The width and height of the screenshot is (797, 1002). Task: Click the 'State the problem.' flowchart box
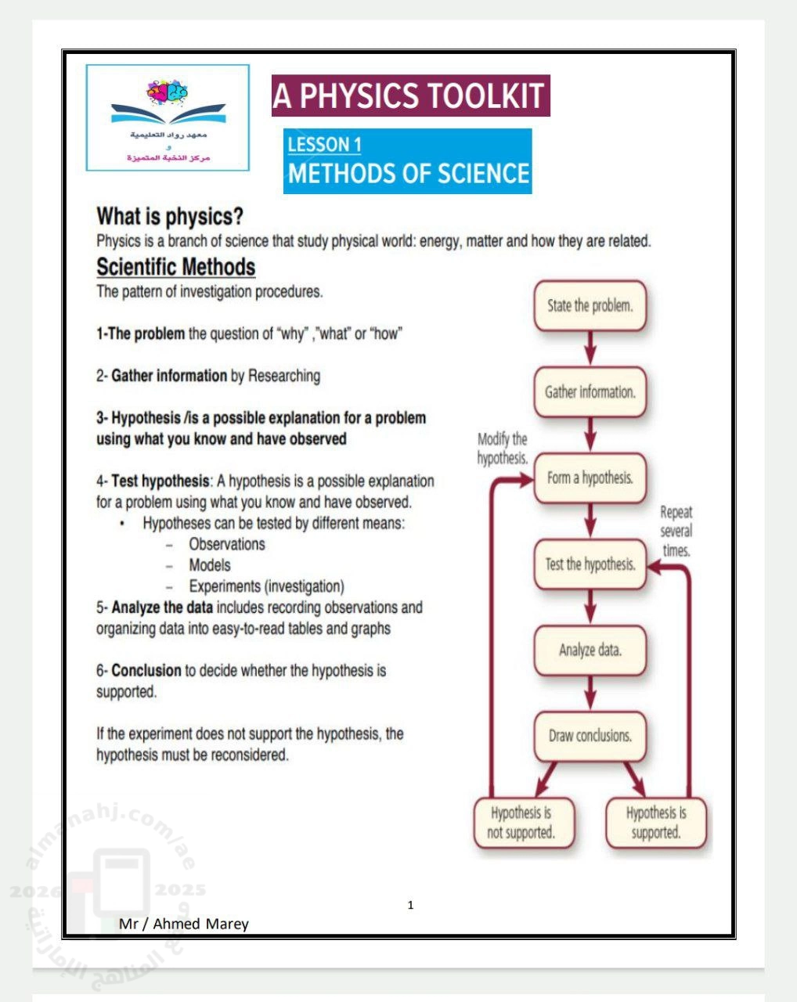point(590,305)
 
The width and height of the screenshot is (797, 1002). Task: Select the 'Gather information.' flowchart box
point(590,391)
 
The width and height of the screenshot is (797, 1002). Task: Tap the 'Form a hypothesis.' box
point(590,478)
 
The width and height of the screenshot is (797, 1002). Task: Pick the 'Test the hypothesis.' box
point(590,564)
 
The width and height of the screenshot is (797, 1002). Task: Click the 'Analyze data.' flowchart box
point(590,650)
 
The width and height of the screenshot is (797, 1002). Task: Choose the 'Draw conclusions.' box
point(590,736)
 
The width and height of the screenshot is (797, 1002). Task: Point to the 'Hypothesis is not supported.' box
point(521,823)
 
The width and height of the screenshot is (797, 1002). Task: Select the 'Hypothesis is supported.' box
point(656,823)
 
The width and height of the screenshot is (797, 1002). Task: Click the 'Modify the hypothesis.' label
point(503,449)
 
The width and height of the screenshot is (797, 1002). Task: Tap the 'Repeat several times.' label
point(676,532)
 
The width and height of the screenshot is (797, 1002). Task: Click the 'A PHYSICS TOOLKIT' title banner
point(410,96)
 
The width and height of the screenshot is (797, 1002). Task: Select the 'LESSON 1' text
point(324,144)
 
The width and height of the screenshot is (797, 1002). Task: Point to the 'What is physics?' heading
point(170,216)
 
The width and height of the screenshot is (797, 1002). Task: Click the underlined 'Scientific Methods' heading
point(175,267)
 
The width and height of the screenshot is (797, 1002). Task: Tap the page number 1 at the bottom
point(411,906)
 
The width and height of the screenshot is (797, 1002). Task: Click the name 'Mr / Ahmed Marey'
point(184,924)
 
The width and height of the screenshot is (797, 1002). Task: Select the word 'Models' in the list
point(210,565)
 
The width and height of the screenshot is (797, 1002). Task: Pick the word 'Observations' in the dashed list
point(227,544)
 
